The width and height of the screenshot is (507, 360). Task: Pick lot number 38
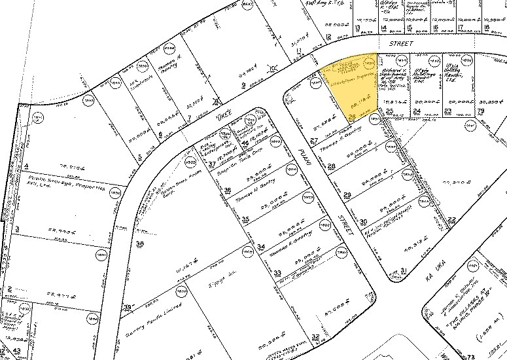139,243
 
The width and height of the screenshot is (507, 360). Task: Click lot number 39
128,307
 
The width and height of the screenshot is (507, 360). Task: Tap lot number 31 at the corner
404,270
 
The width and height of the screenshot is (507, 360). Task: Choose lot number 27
314,141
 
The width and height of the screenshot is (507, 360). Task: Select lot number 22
451,219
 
